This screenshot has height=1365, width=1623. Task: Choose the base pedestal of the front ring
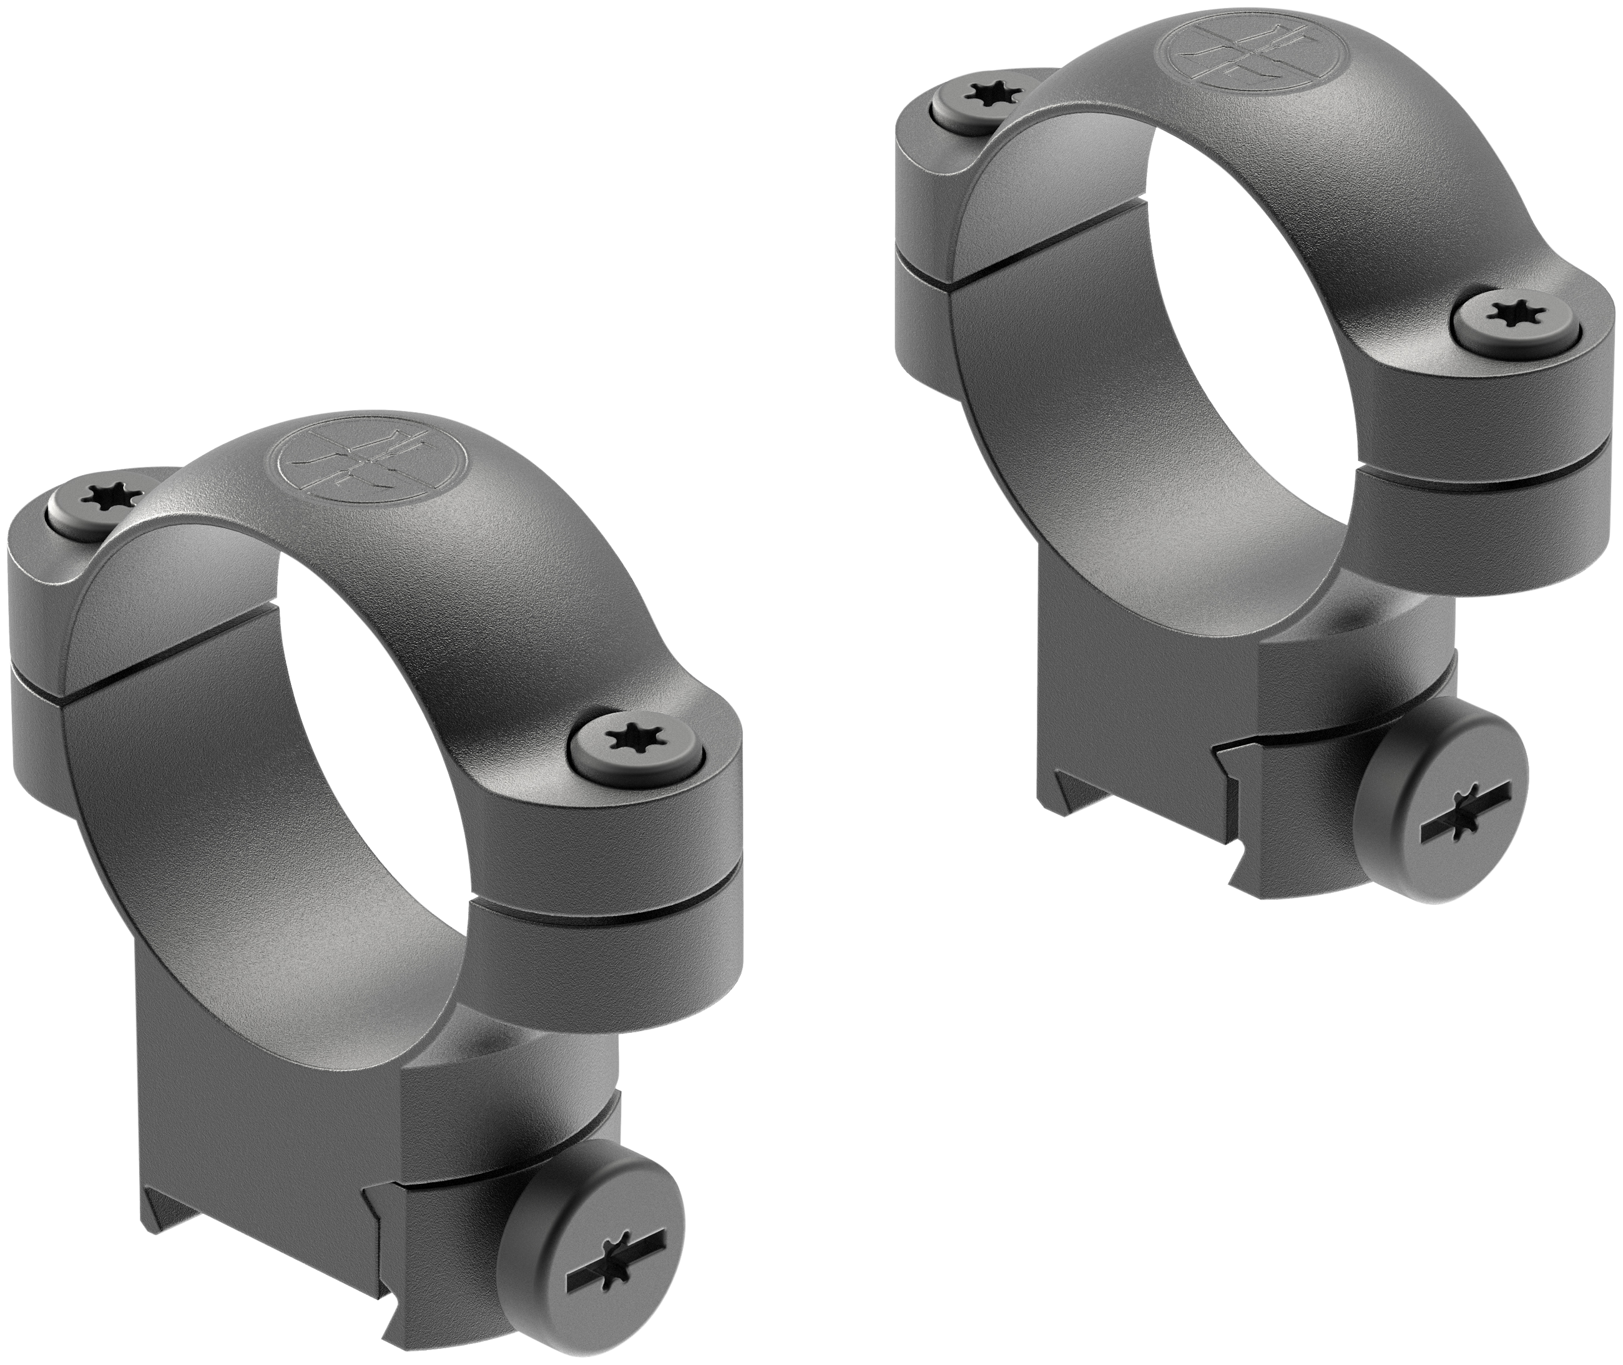(x=255, y=1068)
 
